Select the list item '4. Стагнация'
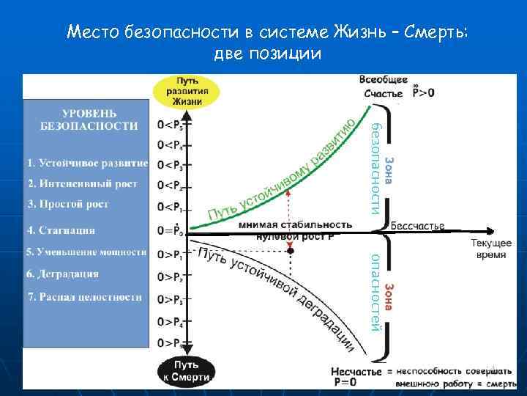click(61, 230)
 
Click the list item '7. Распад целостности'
click(84, 297)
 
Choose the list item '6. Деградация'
click(62, 274)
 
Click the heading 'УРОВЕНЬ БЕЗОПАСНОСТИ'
click(89, 120)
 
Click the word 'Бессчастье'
click(417, 225)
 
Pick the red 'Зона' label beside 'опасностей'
click(390, 296)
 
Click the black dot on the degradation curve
click(291, 251)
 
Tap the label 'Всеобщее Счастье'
click(384, 86)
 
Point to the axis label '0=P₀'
click(170, 230)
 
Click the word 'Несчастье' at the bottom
click(356, 372)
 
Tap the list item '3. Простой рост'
click(68, 204)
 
